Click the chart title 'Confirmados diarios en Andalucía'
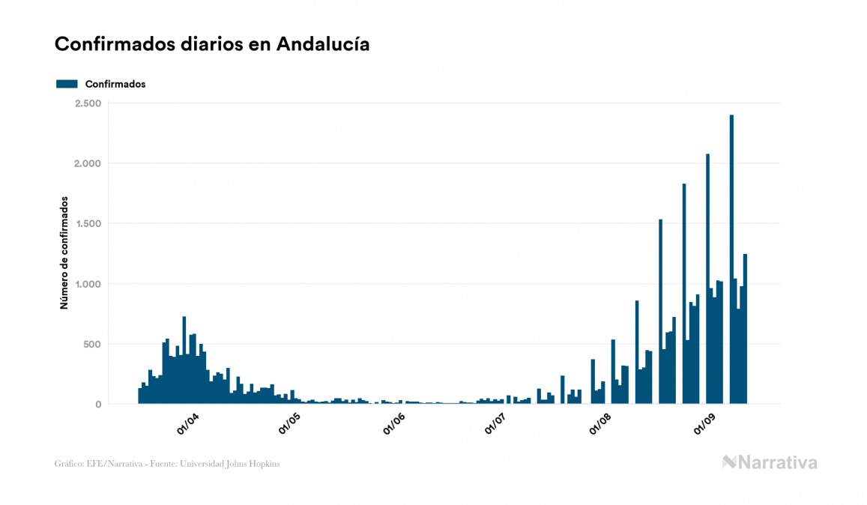point(212,44)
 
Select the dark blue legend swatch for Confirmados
point(67,84)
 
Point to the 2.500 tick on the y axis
point(88,103)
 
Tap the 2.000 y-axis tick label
point(88,163)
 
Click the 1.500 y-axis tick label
point(88,224)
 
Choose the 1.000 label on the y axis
point(88,284)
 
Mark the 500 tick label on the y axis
point(91,345)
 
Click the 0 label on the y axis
point(98,405)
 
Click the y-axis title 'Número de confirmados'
point(64,253)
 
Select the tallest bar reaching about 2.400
point(731,262)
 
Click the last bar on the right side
point(745,330)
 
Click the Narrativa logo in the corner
point(770,462)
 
